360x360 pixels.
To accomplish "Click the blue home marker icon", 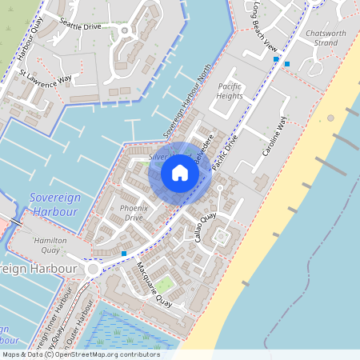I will pyautogui.click(x=180, y=172).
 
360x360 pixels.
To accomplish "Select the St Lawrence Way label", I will pyautogui.click(x=46, y=78).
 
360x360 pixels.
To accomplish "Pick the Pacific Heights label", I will pyautogui.click(x=230, y=90).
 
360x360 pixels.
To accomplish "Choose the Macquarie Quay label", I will pyautogui.click(x=154, y=284).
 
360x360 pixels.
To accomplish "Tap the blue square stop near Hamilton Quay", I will pyautogui.click(x=124, y=254).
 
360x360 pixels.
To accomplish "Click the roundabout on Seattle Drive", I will pyautogui.click(x=124, y=30).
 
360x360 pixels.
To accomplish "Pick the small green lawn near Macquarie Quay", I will pyautogui.click(x=165, y=284).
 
